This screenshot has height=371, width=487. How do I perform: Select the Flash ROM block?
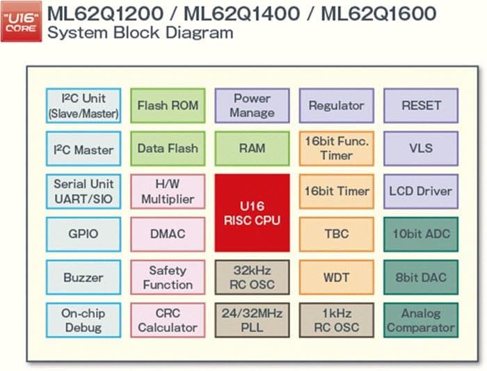(168, 106)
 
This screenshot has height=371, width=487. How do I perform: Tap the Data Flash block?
(168, 148)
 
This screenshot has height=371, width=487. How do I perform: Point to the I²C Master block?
(83, 149)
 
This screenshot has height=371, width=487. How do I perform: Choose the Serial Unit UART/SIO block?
(83, 191)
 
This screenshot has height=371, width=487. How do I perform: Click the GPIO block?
(83, 235)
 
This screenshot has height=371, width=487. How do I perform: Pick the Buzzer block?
(83, 277)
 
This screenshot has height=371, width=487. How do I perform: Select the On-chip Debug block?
(83, 320)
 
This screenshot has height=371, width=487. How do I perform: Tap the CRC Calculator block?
(168, 320)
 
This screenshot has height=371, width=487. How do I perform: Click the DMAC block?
(168, 235)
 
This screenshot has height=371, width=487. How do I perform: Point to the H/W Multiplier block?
(168, 191)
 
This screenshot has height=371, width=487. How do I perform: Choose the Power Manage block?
(251, 106)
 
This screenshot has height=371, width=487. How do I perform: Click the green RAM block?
(251, 148)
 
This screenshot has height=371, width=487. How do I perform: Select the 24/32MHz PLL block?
(251, 320)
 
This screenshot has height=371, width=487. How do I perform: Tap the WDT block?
(336, 277)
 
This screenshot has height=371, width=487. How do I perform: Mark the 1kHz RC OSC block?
(336, 320)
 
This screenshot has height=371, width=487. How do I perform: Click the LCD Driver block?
(420, 191)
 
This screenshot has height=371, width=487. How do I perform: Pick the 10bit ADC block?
(420, 235)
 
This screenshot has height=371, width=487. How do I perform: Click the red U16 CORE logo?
(21, 22)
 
